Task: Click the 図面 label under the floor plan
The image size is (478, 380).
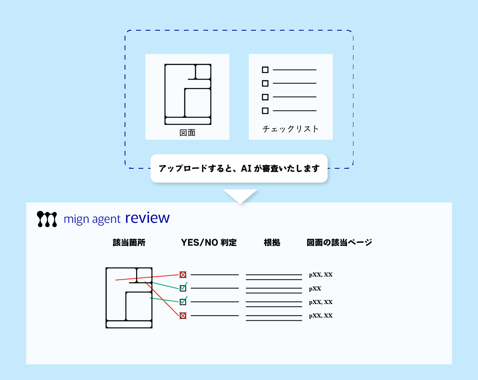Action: tap(187, 133)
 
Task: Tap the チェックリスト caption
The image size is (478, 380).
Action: tap(291, 129)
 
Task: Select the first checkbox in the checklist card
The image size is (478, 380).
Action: tap(265, 70)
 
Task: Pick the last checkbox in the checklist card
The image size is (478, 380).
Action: tap(265, 111)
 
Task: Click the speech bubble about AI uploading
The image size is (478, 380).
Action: tap(239, 168)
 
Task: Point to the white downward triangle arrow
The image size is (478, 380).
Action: tap(240, 195)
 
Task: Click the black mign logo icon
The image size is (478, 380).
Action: tap(47, 219)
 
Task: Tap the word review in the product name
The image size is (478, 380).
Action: tap(147, 218)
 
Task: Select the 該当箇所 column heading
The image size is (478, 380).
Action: tap(129, 243)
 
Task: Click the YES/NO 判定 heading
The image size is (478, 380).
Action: tap(209, 243)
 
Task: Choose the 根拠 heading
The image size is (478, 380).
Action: tap(272, 243)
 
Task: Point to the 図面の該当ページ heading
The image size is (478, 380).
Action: tap(339, 243)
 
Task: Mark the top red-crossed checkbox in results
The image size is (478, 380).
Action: tap(183, 275)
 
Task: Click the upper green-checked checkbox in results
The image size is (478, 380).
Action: tap(183, 288)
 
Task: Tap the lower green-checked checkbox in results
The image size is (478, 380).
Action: tap(183, 302)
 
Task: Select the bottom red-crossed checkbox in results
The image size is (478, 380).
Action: tap(183, 316)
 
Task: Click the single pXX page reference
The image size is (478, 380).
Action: tap(315, 288)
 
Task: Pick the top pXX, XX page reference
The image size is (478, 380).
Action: tap(321, 275)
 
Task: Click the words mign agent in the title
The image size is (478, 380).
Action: tap(92, 219)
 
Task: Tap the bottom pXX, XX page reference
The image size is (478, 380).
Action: tap(321, 316)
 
